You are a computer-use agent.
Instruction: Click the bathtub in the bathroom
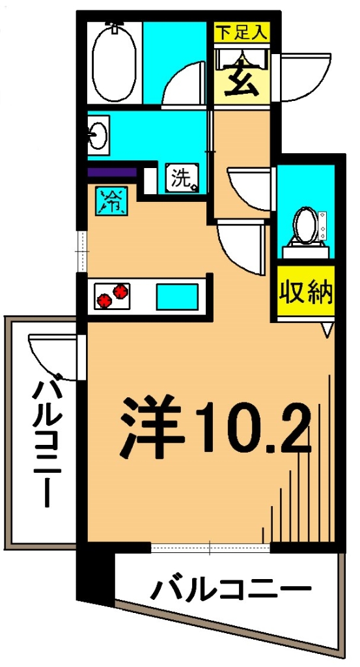115,63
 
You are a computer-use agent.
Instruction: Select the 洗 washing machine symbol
182,178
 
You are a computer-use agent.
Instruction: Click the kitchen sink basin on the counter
176,296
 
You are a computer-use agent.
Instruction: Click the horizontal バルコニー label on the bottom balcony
230,590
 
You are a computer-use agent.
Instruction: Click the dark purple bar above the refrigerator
111,173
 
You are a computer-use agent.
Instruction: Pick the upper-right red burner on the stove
120,291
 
